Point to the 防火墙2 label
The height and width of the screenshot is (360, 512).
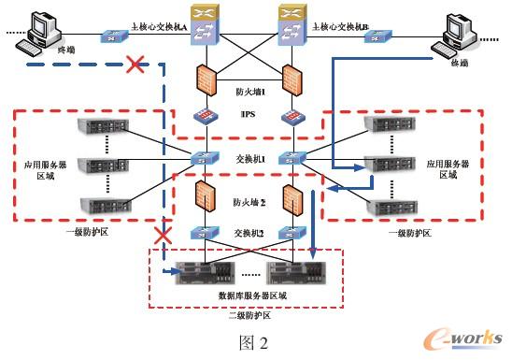(x=249, y=201)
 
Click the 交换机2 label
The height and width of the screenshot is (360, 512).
(x=248, y=233)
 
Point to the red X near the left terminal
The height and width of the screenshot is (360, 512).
(x=135, y=65)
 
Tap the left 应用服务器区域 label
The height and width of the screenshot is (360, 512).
(x=38, y=169)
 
